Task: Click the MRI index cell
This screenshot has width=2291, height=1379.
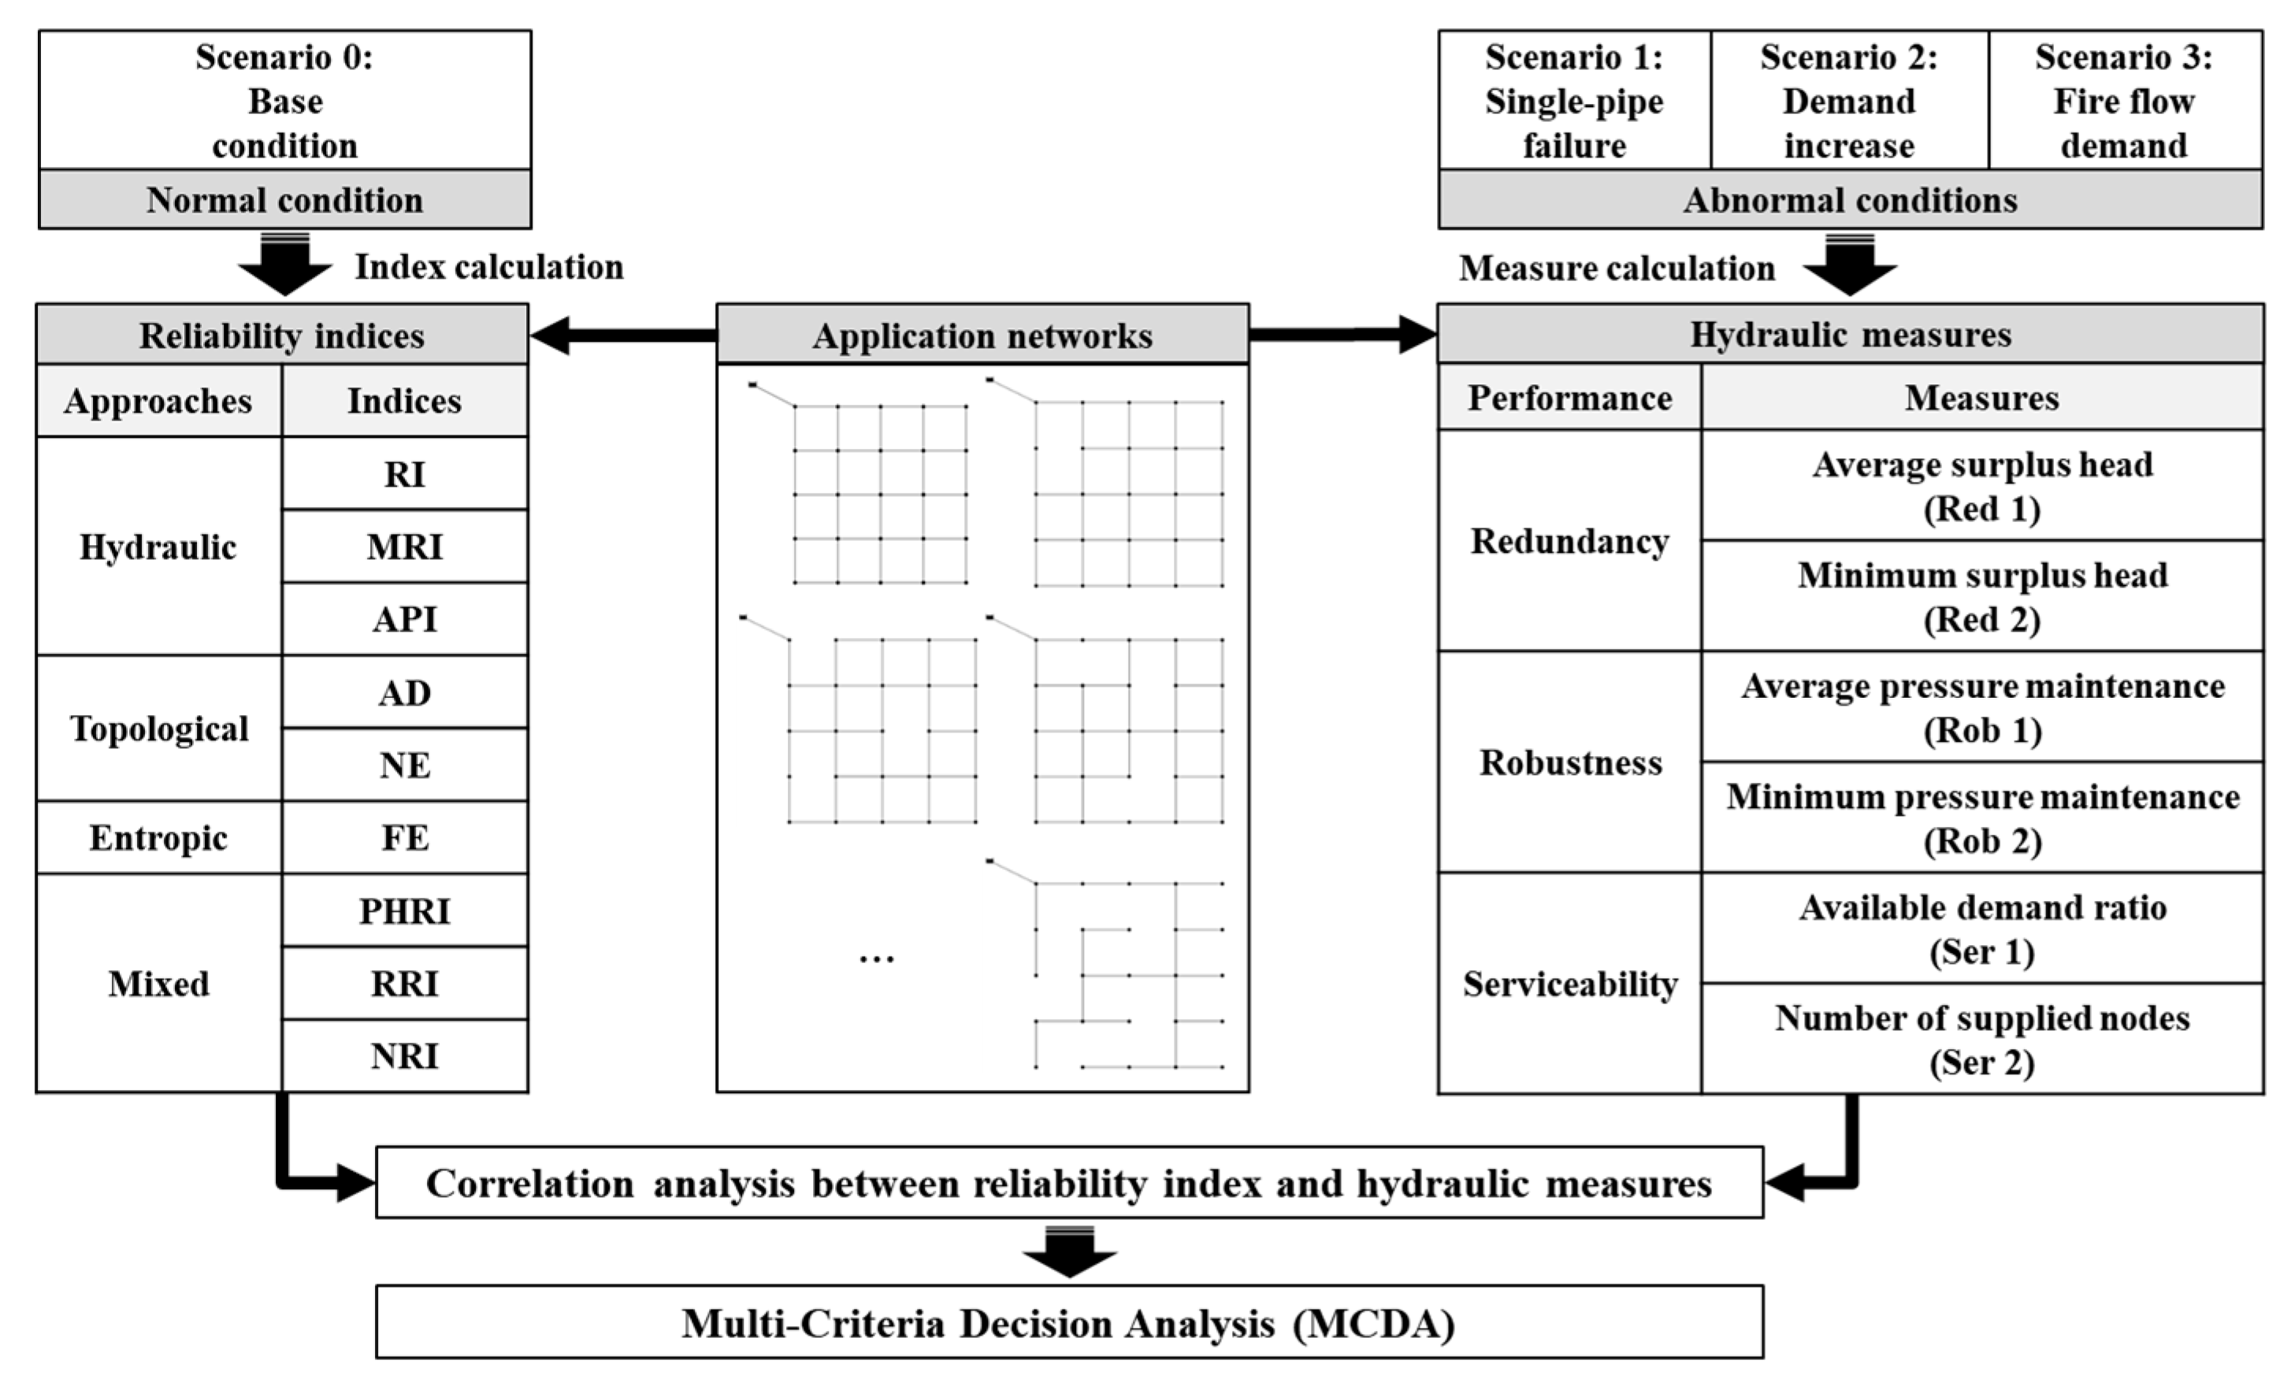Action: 404,547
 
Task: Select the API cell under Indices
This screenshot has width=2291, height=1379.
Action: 404,619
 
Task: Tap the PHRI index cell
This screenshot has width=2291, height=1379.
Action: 404,910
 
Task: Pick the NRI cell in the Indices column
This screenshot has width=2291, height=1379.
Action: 404,1055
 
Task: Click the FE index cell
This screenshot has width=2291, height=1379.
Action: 404,838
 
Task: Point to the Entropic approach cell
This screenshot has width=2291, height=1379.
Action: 159,838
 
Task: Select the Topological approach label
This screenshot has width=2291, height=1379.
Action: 159,728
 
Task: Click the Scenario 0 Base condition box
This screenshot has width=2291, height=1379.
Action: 284,100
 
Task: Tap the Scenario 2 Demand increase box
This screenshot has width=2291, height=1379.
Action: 1848,100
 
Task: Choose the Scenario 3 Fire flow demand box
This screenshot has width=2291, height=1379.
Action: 2124,100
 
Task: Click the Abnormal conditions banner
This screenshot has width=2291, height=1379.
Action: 1850,200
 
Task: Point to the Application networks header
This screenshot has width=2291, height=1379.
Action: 982,335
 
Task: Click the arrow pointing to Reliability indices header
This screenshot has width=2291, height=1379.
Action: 622,335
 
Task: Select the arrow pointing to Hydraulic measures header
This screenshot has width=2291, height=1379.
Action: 1343,335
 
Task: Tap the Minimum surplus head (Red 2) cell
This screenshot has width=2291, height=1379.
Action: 1981,597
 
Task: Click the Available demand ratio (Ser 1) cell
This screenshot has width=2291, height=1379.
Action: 1981,929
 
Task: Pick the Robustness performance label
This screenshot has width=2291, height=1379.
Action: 1570,762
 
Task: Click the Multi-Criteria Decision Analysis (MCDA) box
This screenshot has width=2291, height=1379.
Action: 1069,1322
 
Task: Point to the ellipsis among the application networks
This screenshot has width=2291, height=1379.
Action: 876,958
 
